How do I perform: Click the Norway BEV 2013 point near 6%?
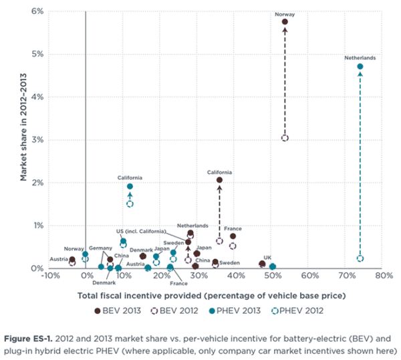285,21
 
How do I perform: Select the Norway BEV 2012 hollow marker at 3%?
285,138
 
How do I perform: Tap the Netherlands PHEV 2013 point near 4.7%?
360,66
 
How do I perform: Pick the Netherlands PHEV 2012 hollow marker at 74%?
360,258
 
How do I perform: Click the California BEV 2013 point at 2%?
219,180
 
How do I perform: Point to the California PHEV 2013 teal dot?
130,187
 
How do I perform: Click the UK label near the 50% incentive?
267,257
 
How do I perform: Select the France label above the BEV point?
233,228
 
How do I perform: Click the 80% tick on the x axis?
383,276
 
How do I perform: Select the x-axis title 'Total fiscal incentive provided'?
211,294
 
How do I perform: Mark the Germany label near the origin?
101,248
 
